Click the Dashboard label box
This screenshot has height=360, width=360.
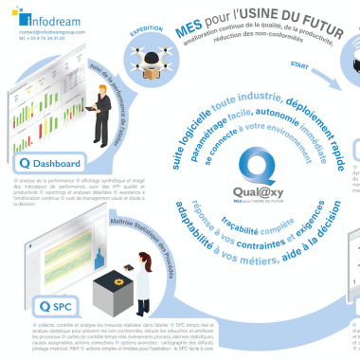click(53, 161)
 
